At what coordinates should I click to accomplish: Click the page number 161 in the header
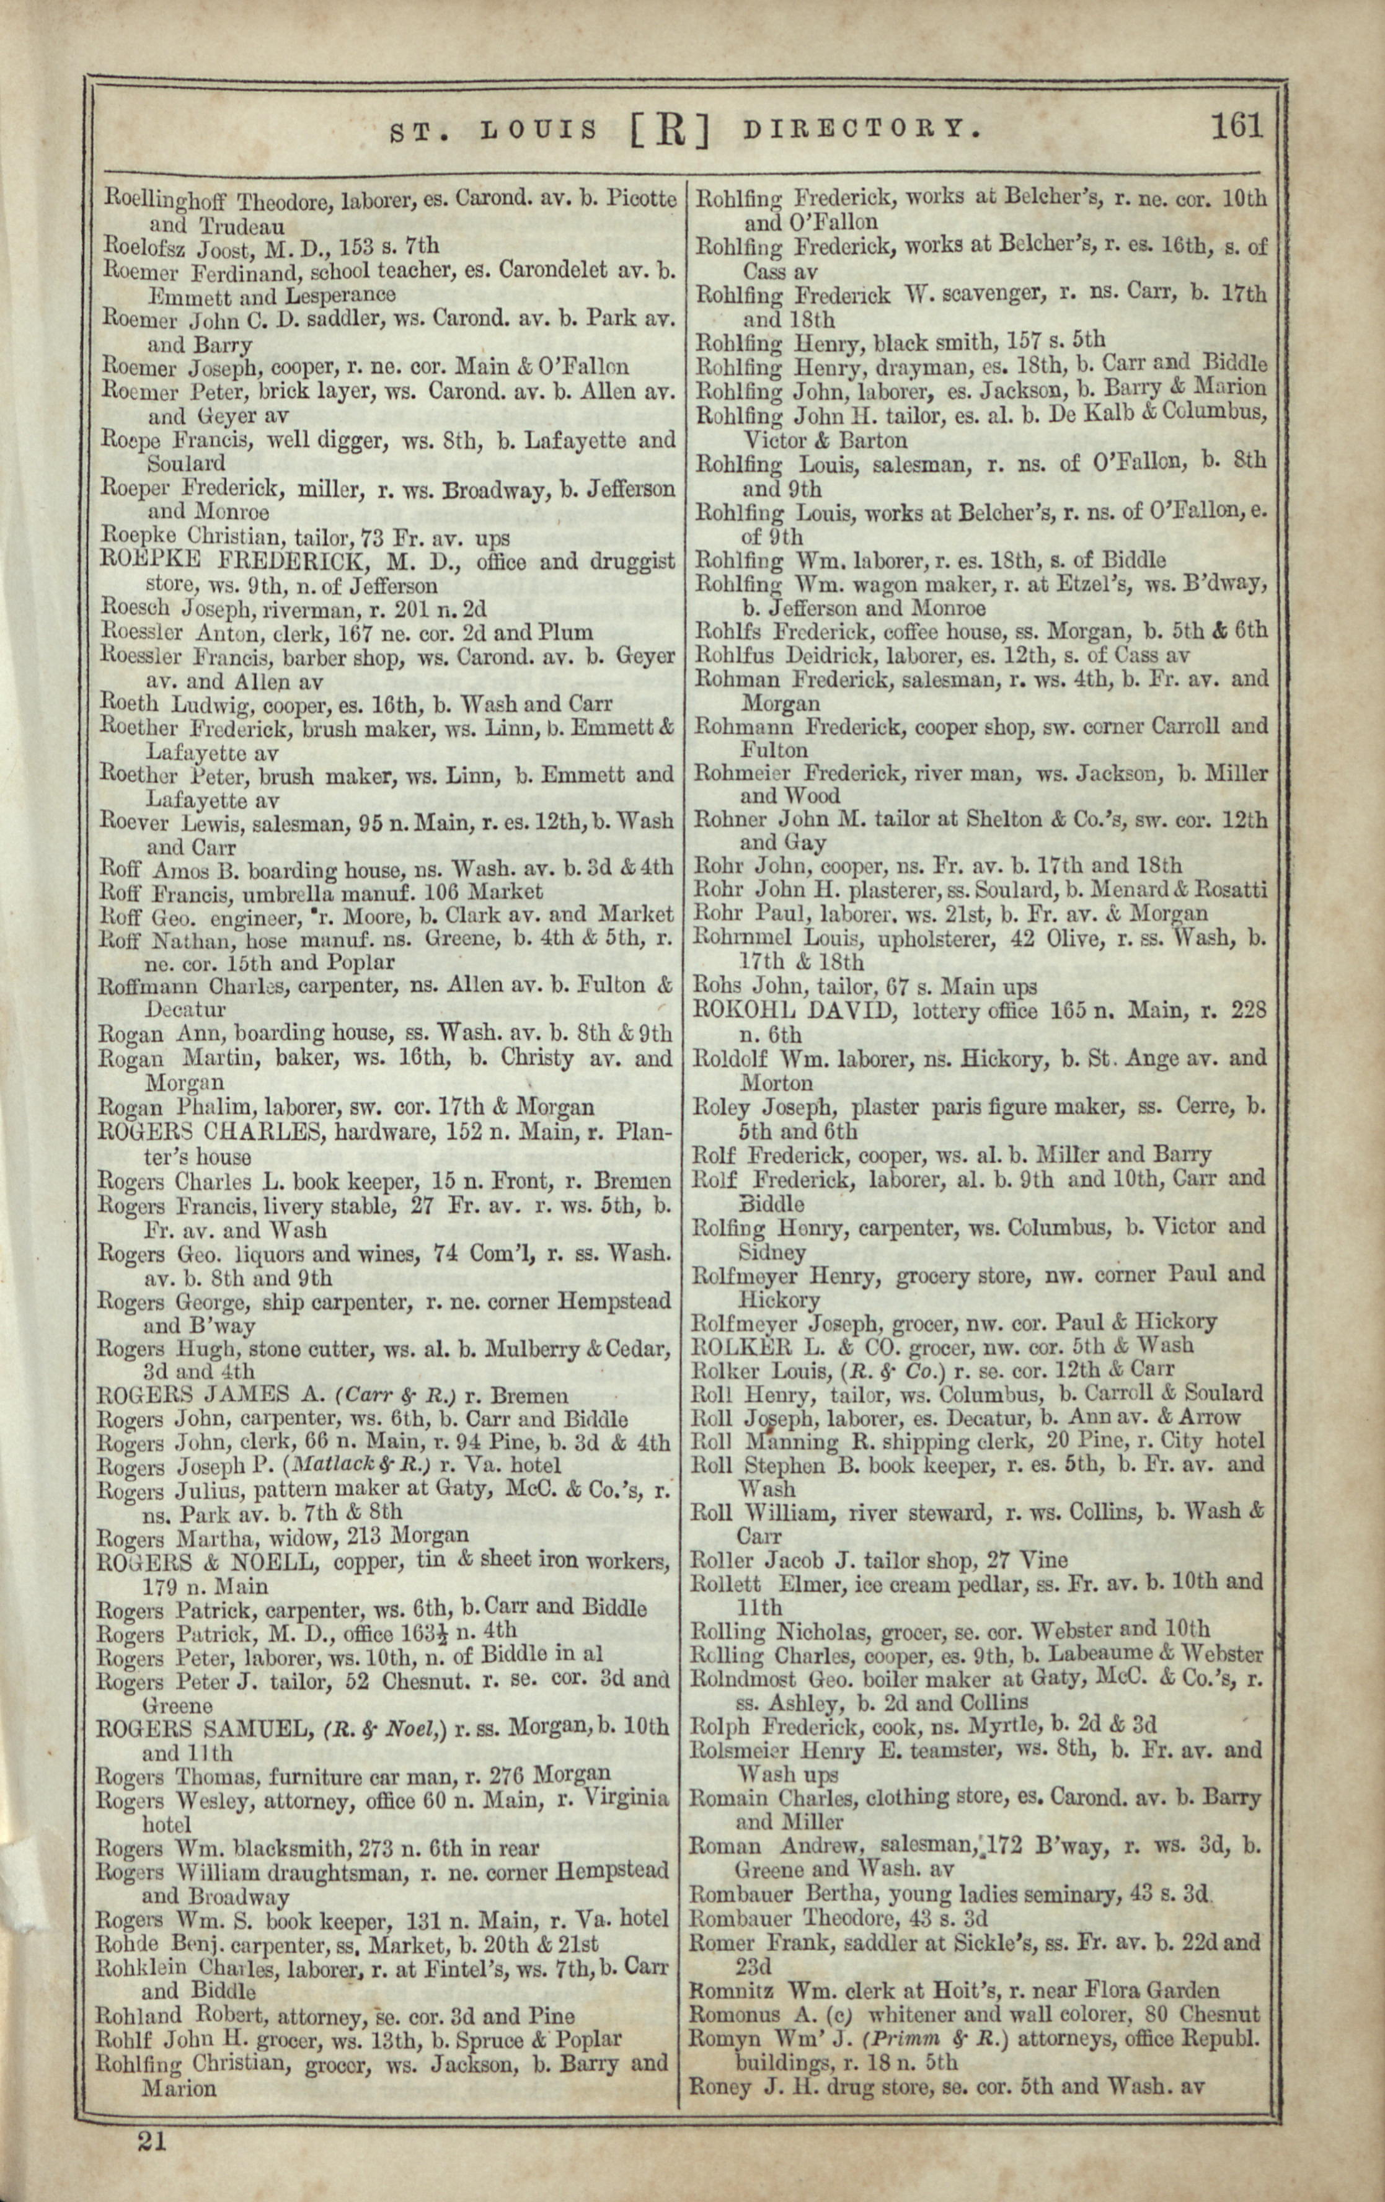[1236, 125]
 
